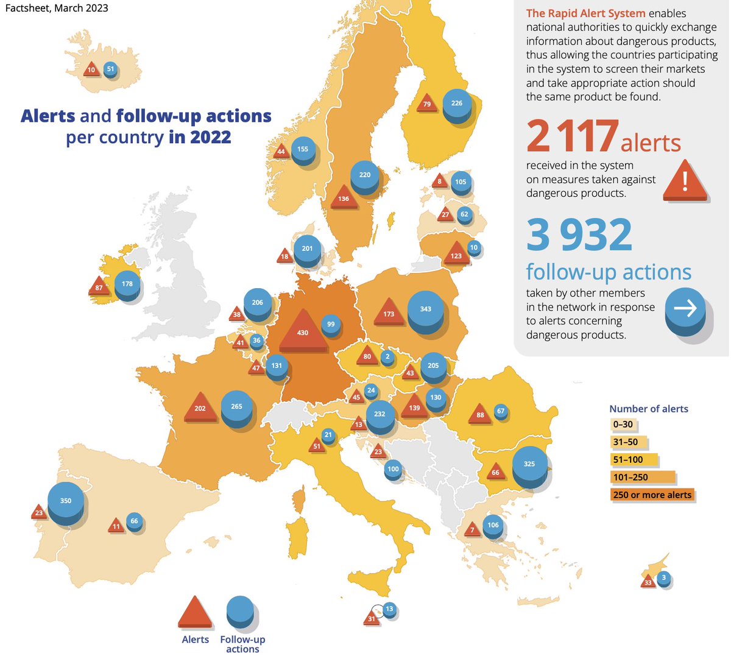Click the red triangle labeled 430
coord(302,331)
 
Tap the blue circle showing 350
coord(66,501)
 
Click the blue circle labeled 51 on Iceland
coord(110,69)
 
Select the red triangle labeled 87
coord(99,286)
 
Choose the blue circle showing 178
coord(127,284)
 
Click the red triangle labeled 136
coord(344,197)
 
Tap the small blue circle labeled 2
coord(387,357)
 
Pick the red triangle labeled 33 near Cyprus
coord(648,582)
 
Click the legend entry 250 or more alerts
coord(652,495)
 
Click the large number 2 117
coord(572,136)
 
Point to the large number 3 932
coord(579,235)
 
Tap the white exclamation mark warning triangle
coord(685,180)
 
